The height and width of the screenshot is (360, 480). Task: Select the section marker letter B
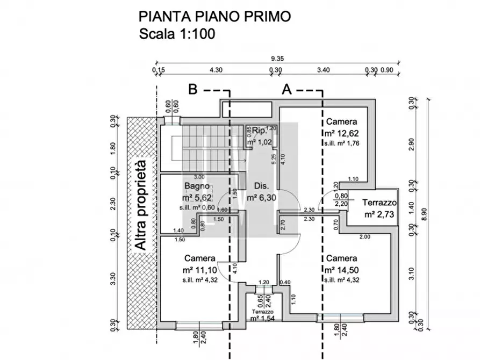pyautogui.click(x=193, y=90)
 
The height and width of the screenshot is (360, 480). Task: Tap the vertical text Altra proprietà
pyautogui.click(x=141, y=205)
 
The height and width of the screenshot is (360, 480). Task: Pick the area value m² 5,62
pyautogui.click(x=198, y=197)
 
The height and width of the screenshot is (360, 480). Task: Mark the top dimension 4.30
pyautogui.click(x=216, y=69)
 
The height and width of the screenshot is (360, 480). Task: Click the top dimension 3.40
pyautogui.click(x=323, y=69)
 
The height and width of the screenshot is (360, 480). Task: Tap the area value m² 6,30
pyautogui.click(x=262, y=198)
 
